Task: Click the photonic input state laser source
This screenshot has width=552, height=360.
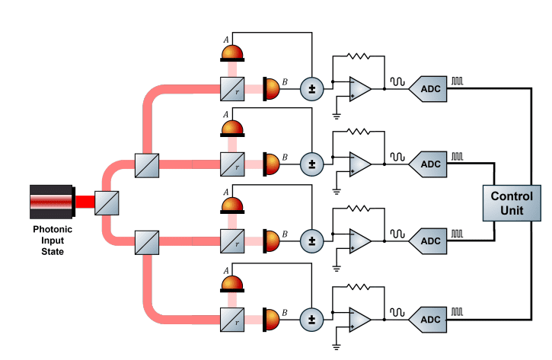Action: click(x=52, y=202)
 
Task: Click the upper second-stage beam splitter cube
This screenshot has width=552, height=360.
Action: click(x=146, y=165)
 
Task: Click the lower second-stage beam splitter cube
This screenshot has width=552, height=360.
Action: click(x=146, y=242)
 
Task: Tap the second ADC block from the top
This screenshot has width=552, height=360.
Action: click(x=429, y=164)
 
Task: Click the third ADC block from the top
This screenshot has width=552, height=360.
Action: click(x=429, y=241)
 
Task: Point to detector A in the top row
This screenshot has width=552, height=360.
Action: click(x=232, y=52)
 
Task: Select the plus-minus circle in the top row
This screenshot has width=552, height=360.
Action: click(x=311, y=89)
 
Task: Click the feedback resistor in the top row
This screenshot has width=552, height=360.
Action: click(x=358, y=56)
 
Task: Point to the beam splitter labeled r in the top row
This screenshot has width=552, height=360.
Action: click(x=231, y=89)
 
